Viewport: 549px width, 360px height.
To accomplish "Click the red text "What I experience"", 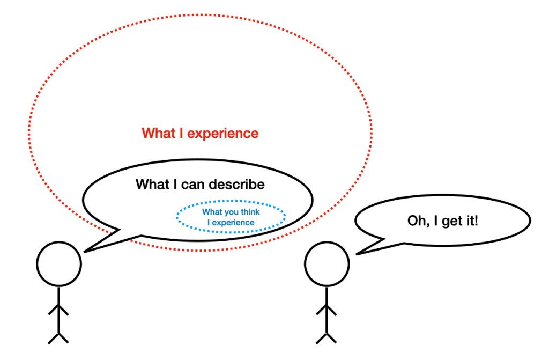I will click(200, 133).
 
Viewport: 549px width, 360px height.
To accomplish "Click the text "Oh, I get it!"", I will click(442, 221).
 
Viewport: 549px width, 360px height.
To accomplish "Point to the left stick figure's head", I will click(59, 263).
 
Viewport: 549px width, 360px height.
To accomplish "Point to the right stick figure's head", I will click(327, 263).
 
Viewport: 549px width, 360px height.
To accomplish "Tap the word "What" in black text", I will click(152, 185).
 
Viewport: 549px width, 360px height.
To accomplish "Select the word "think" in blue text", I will click(249, 212).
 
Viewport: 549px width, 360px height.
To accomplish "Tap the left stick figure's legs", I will click(58, 337).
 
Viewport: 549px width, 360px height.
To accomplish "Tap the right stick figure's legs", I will click(327, 337).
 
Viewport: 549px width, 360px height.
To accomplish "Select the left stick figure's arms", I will click(58, 310).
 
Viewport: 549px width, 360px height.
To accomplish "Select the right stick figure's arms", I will click(327, 310).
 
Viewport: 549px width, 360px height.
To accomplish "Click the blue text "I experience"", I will click(231, 222).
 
